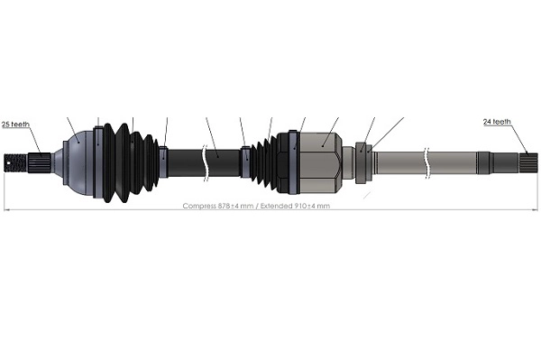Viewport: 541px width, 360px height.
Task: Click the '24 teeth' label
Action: [x=497, y=121]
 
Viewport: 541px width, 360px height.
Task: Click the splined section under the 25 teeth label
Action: [x=40, y=163]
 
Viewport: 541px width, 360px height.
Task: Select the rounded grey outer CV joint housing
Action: [x=77, y=163]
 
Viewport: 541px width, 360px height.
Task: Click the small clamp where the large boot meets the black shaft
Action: [x=163, y=162]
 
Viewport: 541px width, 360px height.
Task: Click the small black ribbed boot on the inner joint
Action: [x=267, y=162]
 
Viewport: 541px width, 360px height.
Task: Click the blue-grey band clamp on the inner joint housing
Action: [x=294, y=162]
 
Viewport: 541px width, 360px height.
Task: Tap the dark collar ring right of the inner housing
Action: [x=362, y=162]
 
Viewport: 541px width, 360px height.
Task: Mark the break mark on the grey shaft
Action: [x=425, y=162]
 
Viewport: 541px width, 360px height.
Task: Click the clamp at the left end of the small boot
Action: [x=245, y=162]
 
